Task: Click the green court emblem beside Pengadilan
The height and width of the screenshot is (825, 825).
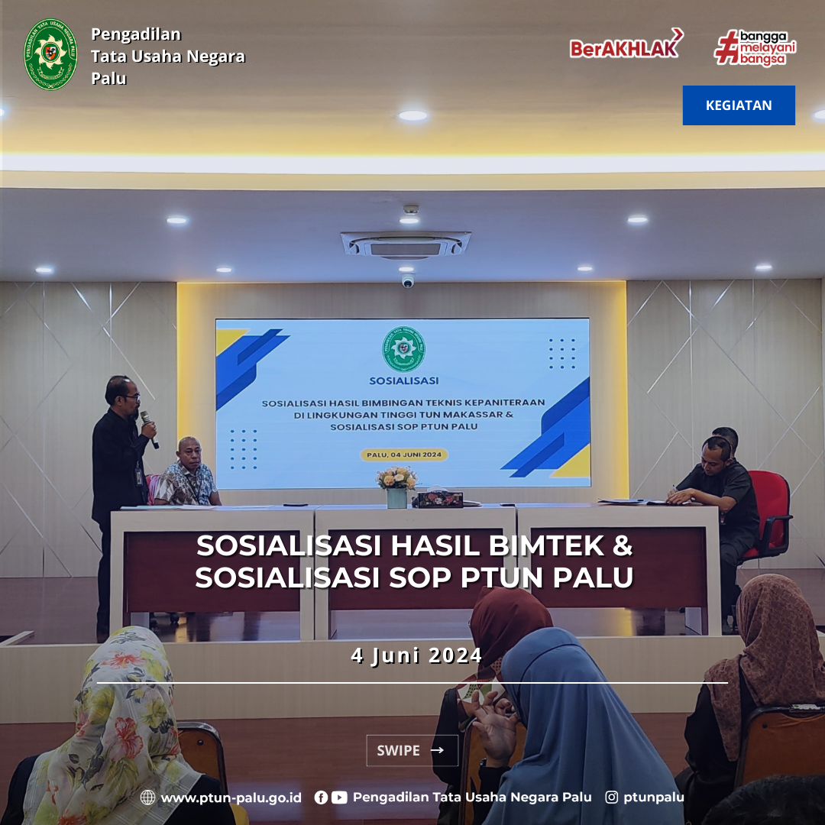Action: pyautogui.click(x=50, y=54)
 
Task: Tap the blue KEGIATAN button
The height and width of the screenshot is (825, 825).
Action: pyautogui.click(x=739, y=105)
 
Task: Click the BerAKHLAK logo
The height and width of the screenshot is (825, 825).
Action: pyautogui.click(x=626, y=44)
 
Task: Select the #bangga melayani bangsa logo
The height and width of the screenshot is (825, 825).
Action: pyautogui.click(x=755, y=48)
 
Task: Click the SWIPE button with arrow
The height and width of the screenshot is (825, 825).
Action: pyautogui.click(x=412, y=750)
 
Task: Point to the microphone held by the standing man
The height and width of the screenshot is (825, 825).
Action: pyautogui.click(x=149, y=429)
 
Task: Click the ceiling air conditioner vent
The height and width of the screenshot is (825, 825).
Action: pyautogui.click(x=405, y=245)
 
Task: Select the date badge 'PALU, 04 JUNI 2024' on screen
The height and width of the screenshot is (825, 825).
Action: pyautogui.click(x=404, y=455)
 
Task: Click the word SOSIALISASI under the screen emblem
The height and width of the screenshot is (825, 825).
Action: pyautogui.click(x=403, y=380)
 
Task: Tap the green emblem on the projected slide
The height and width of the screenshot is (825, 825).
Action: pyautogui.click(x=403, y=349)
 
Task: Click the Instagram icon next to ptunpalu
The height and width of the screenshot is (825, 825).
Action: pyautogui.click(x=611, y=797)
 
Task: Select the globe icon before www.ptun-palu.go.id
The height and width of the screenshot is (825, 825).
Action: pyautogui.click(x=148, y=797)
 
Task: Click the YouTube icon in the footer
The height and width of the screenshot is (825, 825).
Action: pyautogui.click(x=339, y=797)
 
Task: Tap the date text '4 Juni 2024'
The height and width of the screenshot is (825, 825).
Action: pyautogui.click(x=416, y=655)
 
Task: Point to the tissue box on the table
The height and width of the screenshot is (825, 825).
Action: pyautogui.click(x=439, y=499)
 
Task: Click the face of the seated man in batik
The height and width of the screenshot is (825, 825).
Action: pyautogui.click(x=189, y=453)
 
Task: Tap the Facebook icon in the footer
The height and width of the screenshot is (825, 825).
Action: pyautogui.click(x=321, y=797)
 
